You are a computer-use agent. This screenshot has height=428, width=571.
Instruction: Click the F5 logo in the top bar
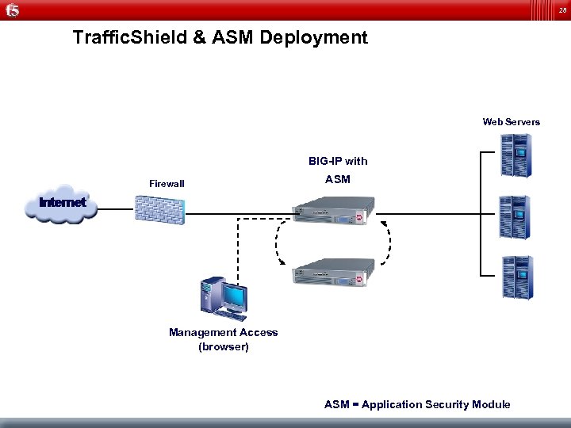(11, 10)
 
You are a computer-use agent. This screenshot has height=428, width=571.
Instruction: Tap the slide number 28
(561, 10)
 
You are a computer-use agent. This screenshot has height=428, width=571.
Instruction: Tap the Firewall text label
(167, 184)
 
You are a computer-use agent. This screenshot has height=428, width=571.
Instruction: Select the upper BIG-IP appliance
(332, 212)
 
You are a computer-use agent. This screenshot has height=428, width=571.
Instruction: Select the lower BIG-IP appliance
(332, 272)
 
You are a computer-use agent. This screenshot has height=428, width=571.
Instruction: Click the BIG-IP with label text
(338, 161)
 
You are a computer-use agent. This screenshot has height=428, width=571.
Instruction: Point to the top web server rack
(515, 154)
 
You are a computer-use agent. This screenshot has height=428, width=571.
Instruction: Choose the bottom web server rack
(515, 277)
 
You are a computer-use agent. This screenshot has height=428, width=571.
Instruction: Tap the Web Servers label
(511, 122)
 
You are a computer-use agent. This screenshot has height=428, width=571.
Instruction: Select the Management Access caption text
(223, 333)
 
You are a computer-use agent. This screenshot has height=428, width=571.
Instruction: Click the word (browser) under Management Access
(223, 346)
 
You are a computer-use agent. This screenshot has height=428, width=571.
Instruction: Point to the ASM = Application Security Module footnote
(417, 404)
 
